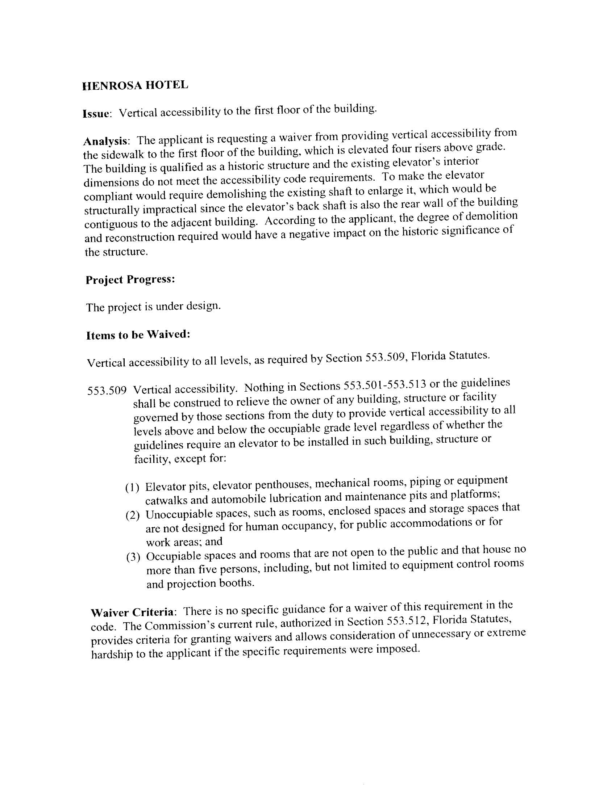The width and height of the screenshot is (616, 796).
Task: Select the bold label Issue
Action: tap(96, 114)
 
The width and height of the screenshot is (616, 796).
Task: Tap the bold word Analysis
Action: tap(106, 141)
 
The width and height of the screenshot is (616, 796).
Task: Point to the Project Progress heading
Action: tap(130, 279)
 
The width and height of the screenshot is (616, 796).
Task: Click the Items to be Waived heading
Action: tap(138, 334)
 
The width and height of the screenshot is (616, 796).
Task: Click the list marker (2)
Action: tap(133, 515)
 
